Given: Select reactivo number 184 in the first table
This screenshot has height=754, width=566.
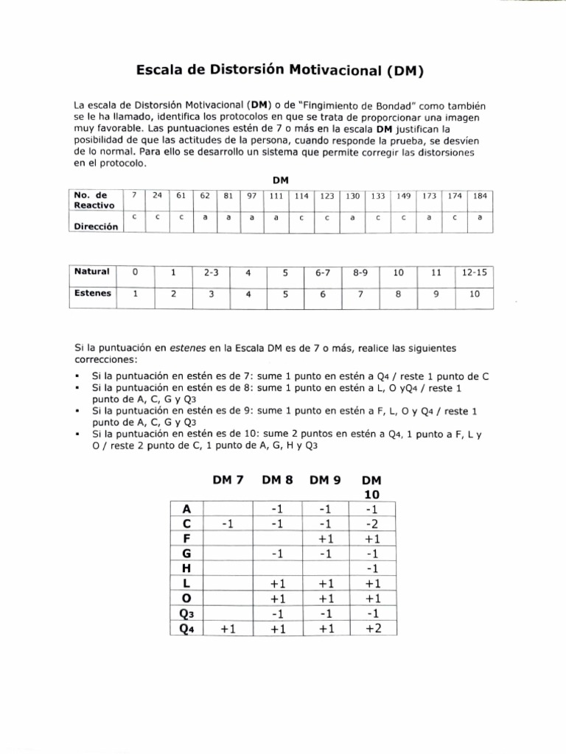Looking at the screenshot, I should [x=480, y=196].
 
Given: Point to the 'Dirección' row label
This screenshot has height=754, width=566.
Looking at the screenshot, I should [x=97, y=227].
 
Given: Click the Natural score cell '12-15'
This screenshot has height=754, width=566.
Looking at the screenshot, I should [x=474, y=272].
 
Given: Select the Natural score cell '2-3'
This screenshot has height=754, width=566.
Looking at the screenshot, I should [x=211, y=272].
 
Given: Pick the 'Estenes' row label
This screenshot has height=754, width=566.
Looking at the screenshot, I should [x=93, y=292].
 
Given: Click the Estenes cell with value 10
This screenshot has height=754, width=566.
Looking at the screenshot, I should [x=474, y=294].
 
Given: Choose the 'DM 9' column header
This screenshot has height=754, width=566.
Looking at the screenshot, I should [x=326, y=479].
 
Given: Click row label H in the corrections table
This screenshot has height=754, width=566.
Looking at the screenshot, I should [x=186, y=568].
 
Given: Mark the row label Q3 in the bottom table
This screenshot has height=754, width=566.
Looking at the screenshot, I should [x=186, y=613].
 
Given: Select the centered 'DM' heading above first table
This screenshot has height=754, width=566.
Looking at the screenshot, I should [x=280, y=180].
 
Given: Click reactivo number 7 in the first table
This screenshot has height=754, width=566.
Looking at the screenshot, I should [x=133, y=196].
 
